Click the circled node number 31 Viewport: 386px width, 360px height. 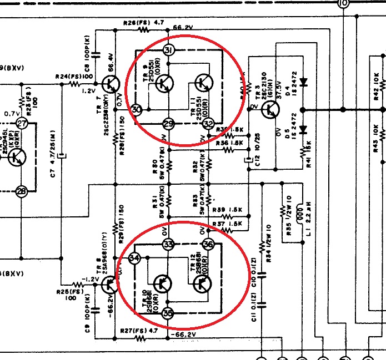pos(170,52)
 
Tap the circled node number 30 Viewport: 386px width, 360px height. pos(137,110)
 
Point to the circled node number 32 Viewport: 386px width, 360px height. pos(208,123)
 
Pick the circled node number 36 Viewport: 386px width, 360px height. pos(208,244)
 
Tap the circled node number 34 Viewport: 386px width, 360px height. pos(134,258)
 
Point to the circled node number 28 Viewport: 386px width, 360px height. pos(22,191)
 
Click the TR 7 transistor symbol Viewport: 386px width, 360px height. pos(112,84)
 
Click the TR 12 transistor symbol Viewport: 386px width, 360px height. pos(202,284)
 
